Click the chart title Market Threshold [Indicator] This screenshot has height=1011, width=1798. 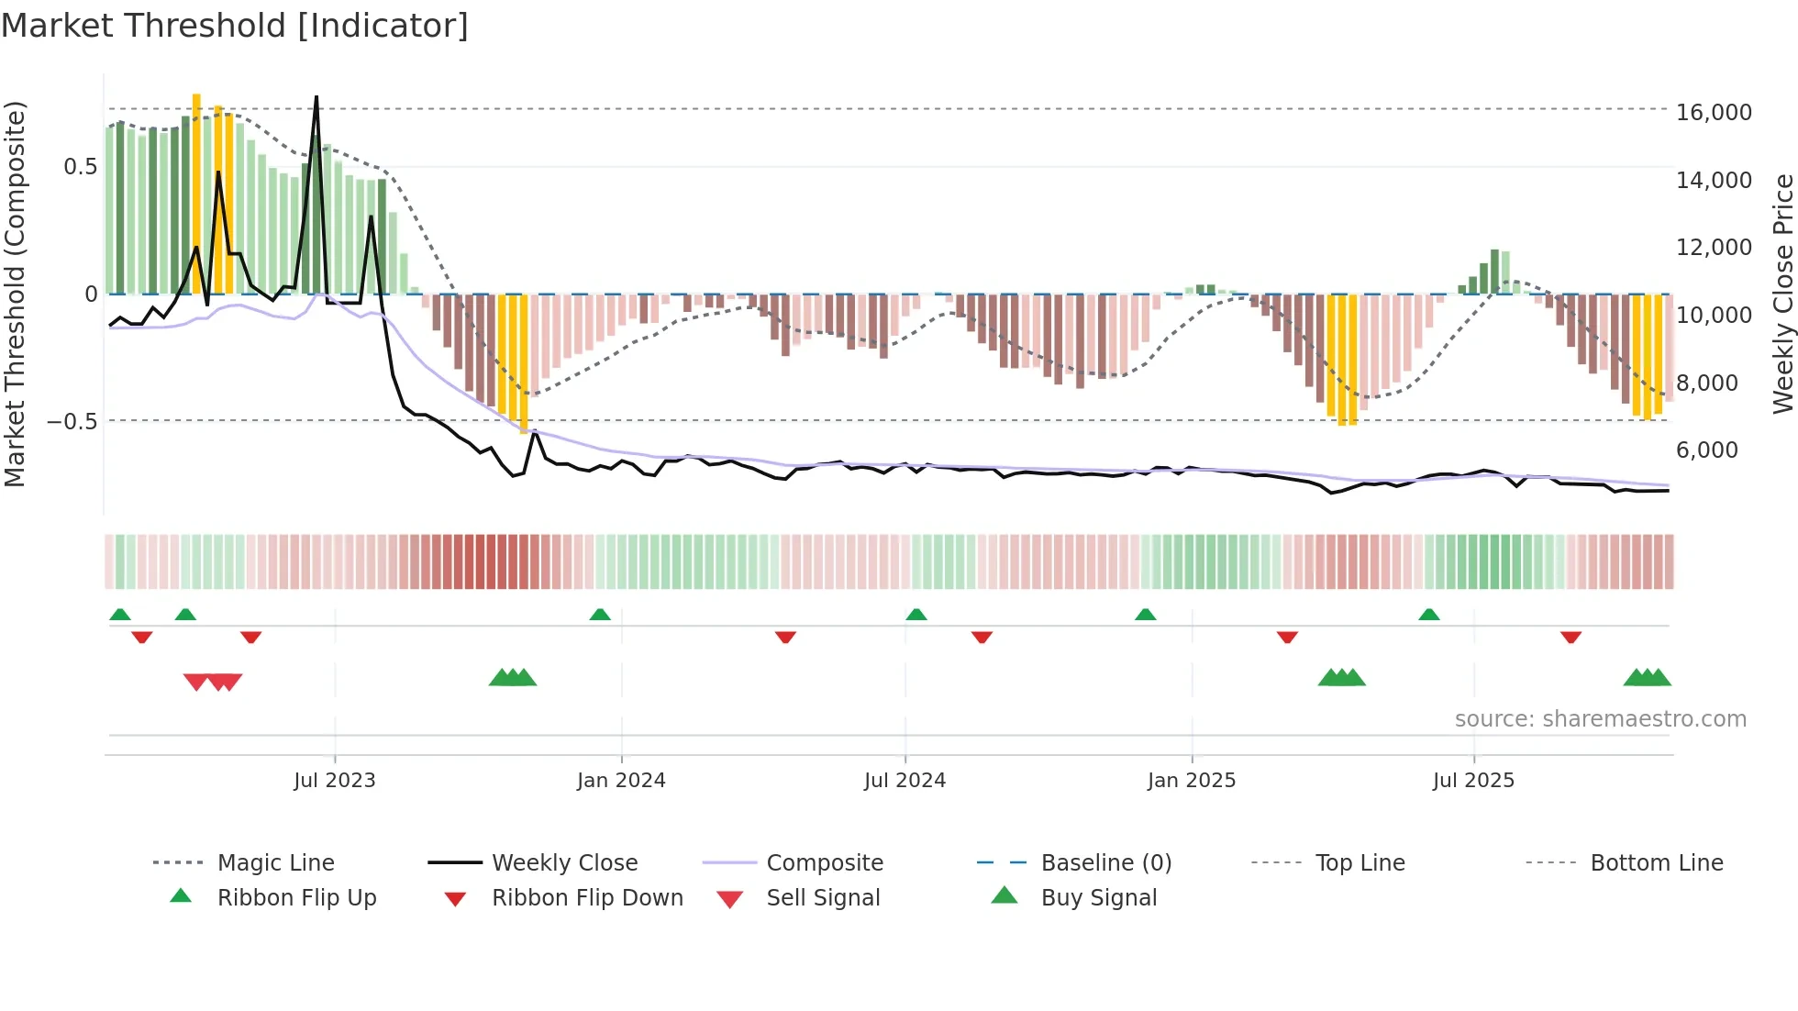point(235,26)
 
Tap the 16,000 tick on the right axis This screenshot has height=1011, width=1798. point(1713,113)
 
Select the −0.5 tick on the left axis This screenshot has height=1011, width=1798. point(72,422)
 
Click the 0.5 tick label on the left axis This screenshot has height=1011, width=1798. point(80,167)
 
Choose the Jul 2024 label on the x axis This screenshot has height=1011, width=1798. point(905,781)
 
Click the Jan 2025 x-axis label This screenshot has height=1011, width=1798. point(1191,781)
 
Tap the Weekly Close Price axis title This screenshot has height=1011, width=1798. point(1781,294)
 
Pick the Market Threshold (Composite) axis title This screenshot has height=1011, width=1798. point(15,294)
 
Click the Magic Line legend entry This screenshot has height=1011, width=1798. point(275,863)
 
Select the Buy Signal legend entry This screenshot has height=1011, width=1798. point(1098,898)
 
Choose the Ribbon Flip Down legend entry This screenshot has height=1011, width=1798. point(587,898)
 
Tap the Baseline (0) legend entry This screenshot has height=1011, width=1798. point(1105,863)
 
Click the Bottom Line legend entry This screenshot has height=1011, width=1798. point(1656,863)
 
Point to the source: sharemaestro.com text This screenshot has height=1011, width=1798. point(1600,719)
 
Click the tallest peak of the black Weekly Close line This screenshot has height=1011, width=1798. point(316,97)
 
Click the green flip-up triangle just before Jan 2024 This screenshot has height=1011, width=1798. point(600,615)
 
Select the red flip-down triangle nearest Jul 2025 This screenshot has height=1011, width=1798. point(1570,637)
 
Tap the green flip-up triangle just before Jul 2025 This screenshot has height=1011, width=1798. point(1428,615)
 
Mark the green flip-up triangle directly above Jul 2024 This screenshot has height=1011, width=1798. point(916,615)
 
